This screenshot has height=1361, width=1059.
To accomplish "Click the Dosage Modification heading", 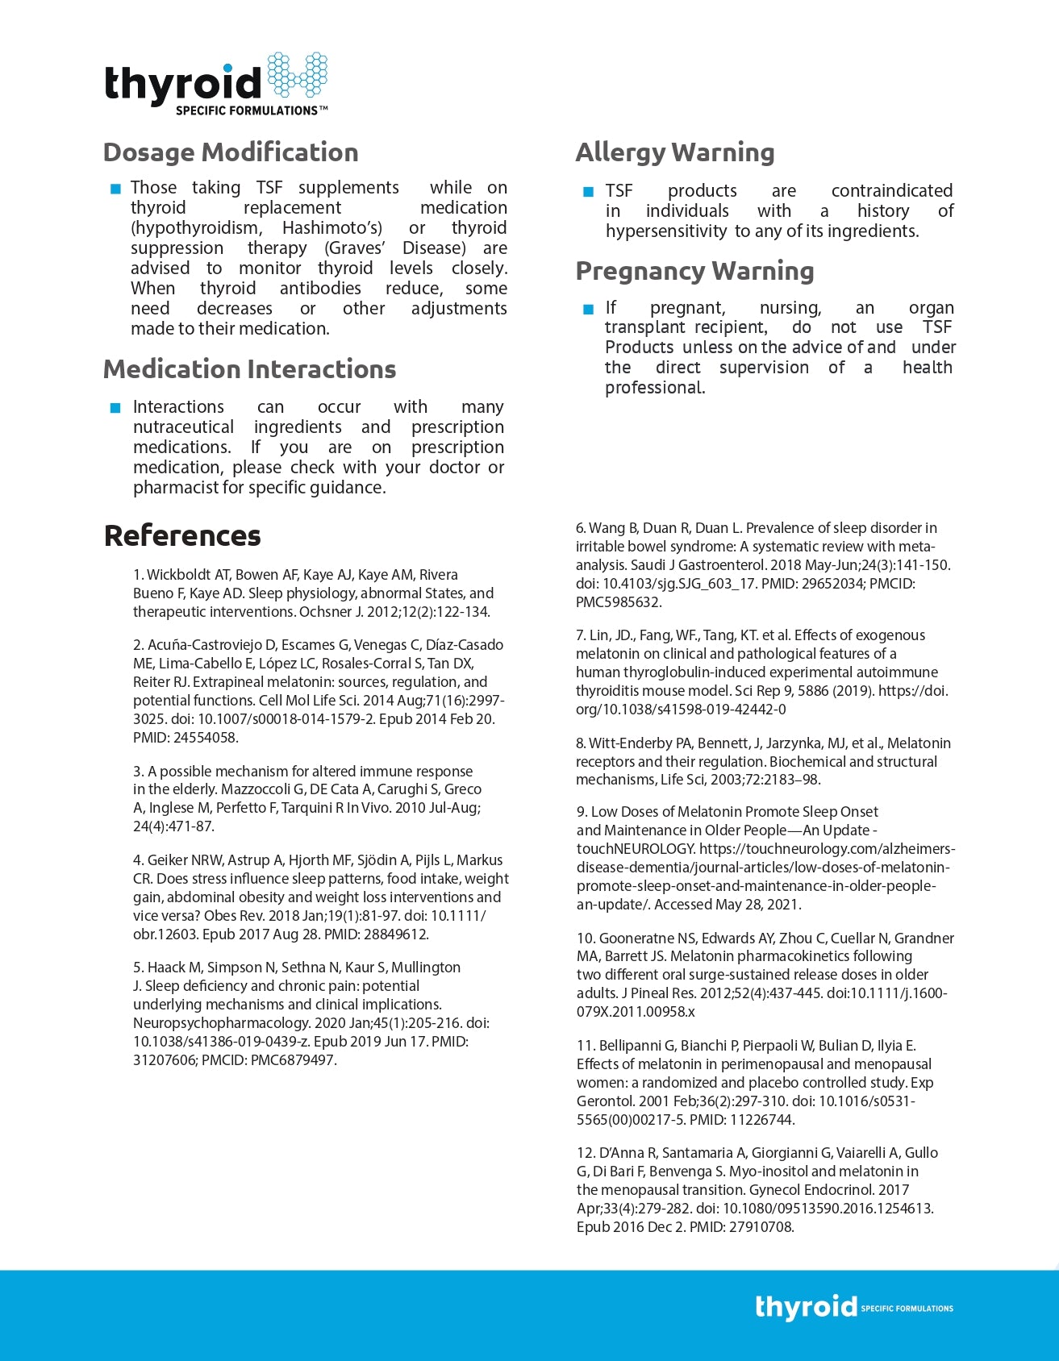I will click(231, 152).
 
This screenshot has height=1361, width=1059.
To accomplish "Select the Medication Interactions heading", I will click(249, 369).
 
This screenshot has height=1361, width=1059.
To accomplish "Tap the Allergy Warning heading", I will click(675, 152).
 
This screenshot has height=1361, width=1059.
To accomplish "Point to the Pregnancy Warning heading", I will click(694, 271).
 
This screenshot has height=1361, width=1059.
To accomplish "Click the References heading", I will click(182, 535).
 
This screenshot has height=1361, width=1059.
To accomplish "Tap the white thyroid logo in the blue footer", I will click(806, 1306).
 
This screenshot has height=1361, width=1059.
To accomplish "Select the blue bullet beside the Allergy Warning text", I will click(587, 192).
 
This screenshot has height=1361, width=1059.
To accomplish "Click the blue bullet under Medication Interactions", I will click(115, 408).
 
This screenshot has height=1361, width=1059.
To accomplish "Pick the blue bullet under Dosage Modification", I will click(115, 189).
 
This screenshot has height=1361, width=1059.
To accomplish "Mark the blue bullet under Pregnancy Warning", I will click(587, 309).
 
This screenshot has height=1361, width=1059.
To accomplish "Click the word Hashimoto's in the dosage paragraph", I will click(332, 228).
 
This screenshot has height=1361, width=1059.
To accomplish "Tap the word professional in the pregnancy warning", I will click(654, 388).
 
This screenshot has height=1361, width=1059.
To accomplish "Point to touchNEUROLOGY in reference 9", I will click(635, 848).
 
